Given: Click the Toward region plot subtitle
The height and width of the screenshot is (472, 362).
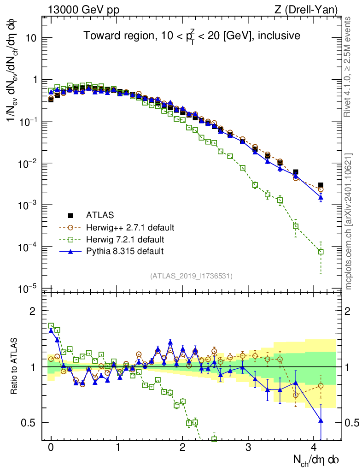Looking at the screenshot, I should [192, 35].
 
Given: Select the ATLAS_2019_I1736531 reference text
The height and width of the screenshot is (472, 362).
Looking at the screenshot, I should [191, 276].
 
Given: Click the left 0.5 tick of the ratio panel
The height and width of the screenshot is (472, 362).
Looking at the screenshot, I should [31, 423].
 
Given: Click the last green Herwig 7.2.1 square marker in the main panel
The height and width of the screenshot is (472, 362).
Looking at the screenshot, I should [321, 252].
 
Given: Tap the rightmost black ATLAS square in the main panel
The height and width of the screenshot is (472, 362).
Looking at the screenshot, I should [321, 185].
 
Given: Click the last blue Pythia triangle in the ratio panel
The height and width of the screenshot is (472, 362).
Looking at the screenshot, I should [321, 420].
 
